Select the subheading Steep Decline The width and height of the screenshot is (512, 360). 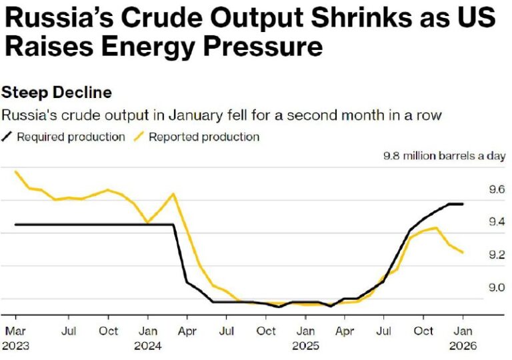(x=57, y=92)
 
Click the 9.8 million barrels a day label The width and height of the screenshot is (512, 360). (x=444, y=156)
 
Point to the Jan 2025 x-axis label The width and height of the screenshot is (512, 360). (x=305, y=337)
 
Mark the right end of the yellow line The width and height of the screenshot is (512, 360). (x=463, y=253)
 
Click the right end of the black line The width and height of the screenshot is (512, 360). (x=463, y=204)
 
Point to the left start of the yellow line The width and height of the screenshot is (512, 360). (x=15, y=171)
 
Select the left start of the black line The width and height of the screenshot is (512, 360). (x=15, y=225)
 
